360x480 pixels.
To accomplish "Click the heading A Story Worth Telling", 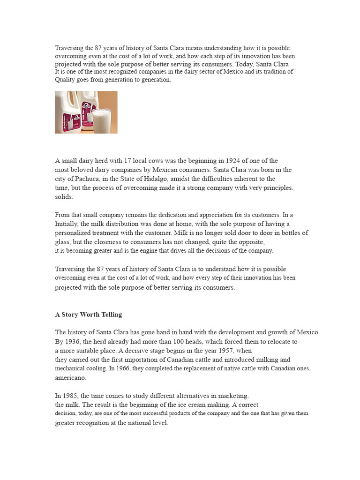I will [x=88, y=315].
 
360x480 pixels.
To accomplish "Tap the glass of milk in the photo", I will [x=103, y=120].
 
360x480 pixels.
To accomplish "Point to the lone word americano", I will [x=71, y=378].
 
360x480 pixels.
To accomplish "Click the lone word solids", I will [x=64, y=197].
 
